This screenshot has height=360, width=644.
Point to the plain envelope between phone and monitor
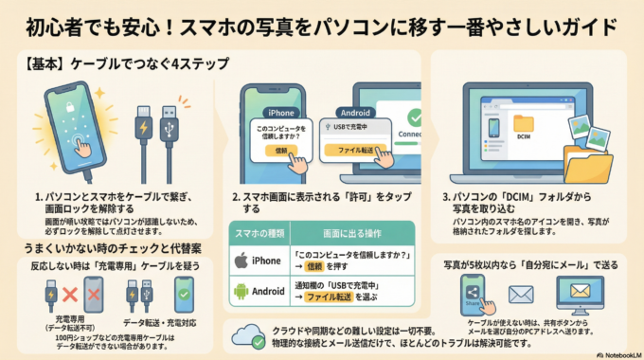(x=521, y=295)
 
